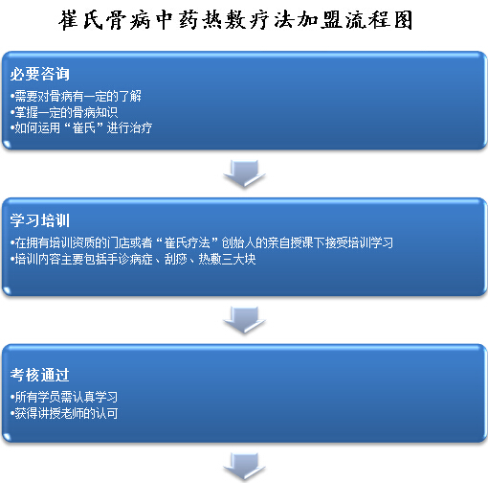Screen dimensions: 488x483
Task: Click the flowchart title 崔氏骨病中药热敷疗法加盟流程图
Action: tap(235, 20)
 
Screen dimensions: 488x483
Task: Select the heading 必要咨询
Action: tap(40, 74)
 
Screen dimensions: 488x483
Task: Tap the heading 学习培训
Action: tap(40, 220)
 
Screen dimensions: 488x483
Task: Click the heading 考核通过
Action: tap(40, 375)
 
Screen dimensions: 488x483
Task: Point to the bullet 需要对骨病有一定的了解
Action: tap(76, 96)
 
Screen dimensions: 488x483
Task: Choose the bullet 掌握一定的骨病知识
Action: tap(64, 112)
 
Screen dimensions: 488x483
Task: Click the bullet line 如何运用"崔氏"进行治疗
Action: tap(81, 128)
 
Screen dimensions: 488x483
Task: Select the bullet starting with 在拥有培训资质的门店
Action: tap(202, 242)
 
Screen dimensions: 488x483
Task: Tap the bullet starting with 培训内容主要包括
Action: tap(133, 259)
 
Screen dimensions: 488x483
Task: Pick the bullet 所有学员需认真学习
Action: tap(64, 397)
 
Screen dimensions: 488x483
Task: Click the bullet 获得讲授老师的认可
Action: tap(64, 413)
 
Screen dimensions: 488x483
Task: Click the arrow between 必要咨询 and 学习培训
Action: tap(244, 173)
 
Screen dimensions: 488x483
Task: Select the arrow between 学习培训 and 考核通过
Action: tap(244, 320)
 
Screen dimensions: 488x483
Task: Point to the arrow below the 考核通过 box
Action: tap(244, 467)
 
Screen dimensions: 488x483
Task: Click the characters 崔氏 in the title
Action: tap(81, 20)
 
